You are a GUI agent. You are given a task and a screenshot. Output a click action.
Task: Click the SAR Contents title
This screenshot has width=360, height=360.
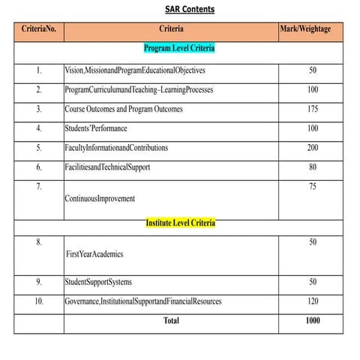189,10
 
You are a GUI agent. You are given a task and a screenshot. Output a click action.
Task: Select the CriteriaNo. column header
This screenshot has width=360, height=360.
39,30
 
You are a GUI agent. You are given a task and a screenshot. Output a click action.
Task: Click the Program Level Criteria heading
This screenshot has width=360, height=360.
179,48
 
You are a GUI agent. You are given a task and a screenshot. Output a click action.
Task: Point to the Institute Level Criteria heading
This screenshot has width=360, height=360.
180,223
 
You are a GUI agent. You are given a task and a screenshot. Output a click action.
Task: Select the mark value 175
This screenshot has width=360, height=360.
313,109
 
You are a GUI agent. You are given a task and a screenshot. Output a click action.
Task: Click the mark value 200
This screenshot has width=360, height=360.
313,148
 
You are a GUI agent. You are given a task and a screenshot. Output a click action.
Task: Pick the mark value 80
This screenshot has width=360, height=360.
313,167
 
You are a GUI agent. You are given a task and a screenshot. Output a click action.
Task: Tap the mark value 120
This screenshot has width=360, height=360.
313,301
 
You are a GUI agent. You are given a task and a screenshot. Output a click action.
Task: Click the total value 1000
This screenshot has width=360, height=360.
313,321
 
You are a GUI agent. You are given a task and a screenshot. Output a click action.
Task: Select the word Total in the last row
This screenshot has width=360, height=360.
172,321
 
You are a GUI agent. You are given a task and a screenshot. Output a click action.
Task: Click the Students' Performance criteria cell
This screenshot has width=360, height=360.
97,129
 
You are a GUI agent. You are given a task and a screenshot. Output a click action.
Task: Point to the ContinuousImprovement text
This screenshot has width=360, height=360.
100,199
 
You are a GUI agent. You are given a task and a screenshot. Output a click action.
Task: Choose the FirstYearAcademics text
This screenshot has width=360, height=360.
94,254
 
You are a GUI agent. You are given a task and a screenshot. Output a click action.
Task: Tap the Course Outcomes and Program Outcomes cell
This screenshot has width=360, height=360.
124,109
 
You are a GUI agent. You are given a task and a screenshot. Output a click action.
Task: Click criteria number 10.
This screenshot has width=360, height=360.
39,301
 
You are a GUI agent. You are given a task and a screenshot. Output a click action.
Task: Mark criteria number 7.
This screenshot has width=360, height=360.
39,186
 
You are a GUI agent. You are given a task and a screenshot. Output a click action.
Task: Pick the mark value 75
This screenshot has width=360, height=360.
313,186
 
